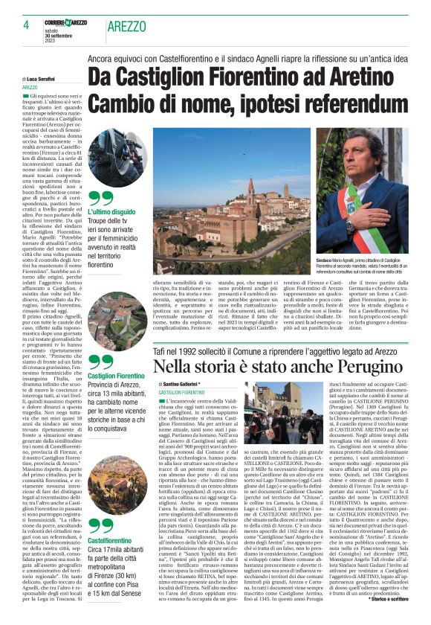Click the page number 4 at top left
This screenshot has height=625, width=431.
25,24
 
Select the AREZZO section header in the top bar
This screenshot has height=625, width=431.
126,27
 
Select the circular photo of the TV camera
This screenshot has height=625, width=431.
117,158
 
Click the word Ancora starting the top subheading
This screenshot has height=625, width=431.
106,58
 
